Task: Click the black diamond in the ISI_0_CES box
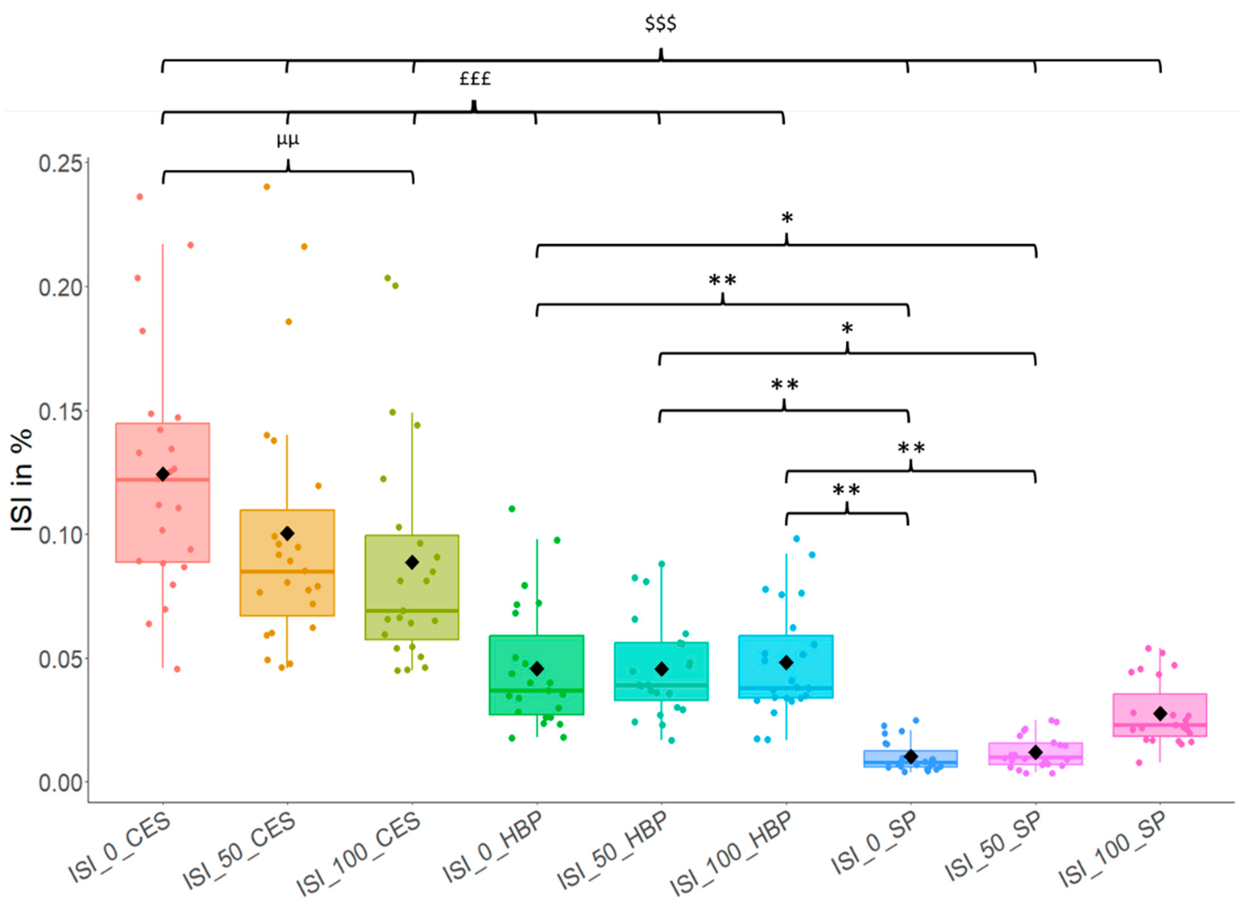pos(162,474)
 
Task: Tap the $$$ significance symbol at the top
pos(660,24)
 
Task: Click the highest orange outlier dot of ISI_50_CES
pos(267,187)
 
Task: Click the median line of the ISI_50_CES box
pos(287,571)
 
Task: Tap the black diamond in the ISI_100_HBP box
pos(786,662)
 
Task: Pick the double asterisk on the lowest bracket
pos(846,490)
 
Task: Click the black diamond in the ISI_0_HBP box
pos(536,669)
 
